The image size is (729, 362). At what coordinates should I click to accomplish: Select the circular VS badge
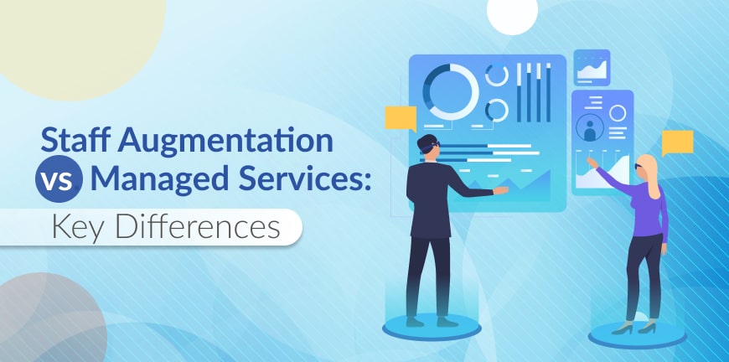[59, 180]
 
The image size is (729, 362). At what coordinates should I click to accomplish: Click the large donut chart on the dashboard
[450, 90]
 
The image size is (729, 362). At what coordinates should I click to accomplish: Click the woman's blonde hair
[647, 168]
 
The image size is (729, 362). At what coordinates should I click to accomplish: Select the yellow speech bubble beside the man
[400, 118]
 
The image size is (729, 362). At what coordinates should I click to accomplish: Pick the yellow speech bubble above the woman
[677, 142]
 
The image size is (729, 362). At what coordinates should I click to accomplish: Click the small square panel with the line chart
[592, 68]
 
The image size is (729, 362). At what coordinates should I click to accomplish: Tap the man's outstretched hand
[501, 191]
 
